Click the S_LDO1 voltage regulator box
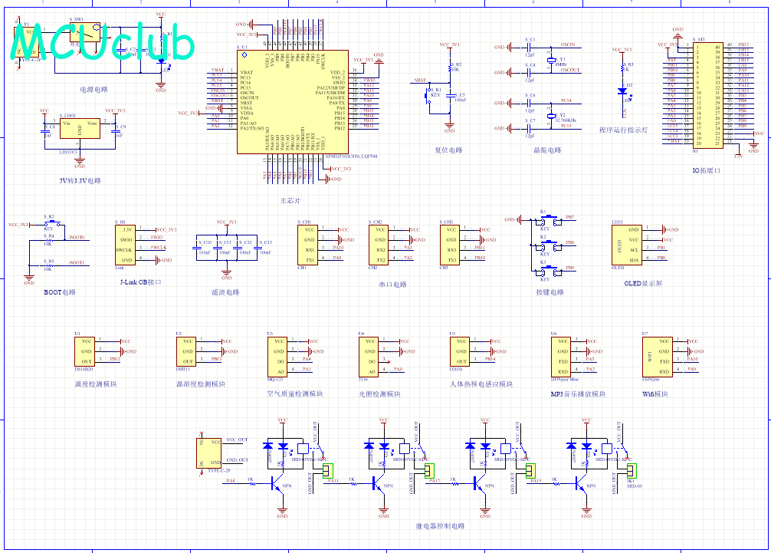80,130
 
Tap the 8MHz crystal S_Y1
550,61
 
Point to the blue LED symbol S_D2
622,91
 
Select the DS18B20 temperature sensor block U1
86,351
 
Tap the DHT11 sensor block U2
188,351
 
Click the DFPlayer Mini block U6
563,357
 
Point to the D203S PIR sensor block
461,351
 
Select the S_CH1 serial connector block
309,245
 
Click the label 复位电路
449,150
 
